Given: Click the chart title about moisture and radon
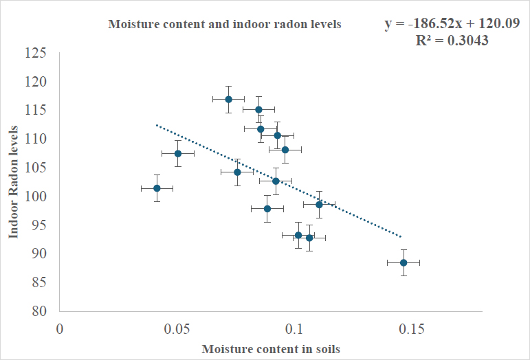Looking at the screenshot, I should coord(225,25).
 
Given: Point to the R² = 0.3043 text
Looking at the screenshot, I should coord(452,41).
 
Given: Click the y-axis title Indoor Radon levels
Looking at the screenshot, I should coord(13,182).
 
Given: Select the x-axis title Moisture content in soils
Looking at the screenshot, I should coord(271,348).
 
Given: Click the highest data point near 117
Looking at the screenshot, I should coord(228,99).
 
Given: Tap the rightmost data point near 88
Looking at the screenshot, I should coord(404,262).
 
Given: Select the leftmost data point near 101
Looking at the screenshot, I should coord(157,188).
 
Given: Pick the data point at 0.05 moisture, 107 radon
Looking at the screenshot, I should coord(177,153).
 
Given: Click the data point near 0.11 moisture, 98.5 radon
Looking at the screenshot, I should coord(319,204).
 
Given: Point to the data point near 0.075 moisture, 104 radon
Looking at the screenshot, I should coord(237,172).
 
